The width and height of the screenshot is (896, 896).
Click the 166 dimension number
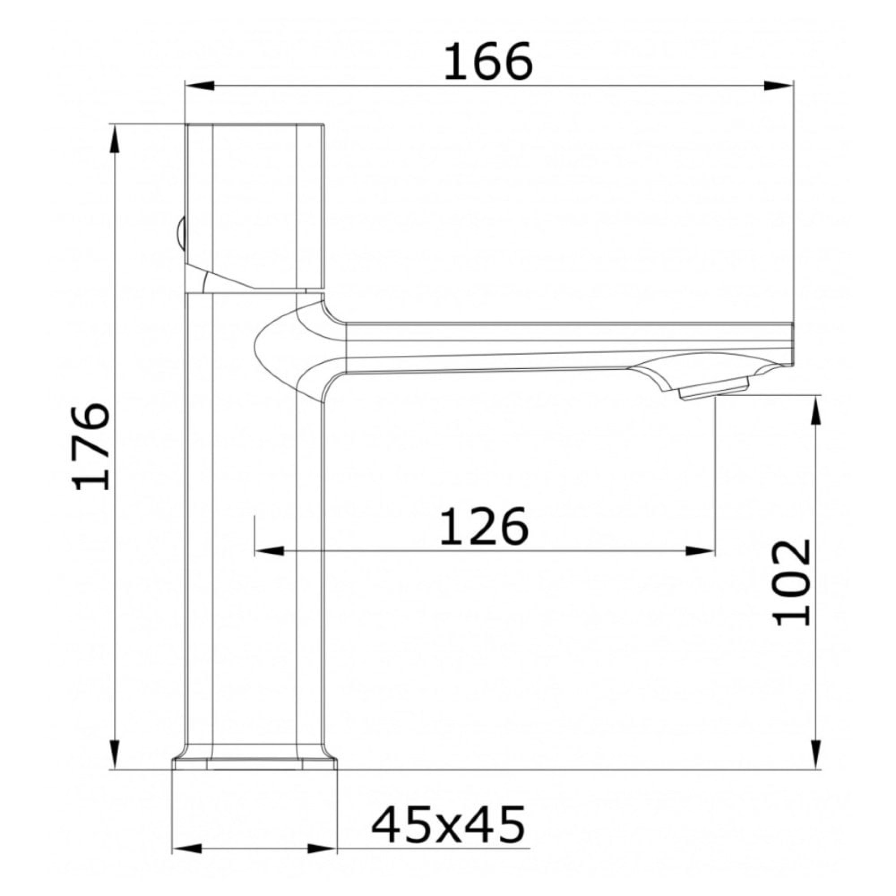click(488, 62)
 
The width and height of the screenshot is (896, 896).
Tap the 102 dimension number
click(792, 583)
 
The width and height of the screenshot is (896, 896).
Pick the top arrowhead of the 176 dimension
click(115, 139)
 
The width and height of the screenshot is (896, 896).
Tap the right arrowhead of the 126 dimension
click(700, 551)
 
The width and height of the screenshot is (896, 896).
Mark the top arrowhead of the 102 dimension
click(817, 410)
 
